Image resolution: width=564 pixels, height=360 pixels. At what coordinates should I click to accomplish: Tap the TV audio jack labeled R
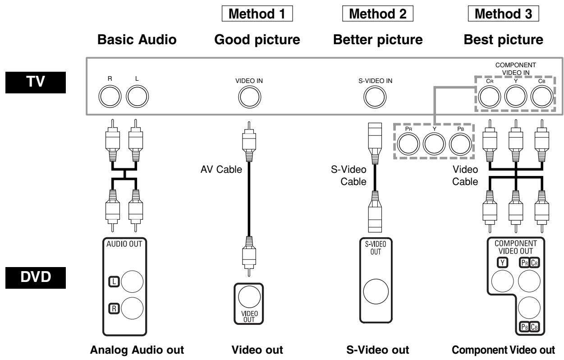point(110,97)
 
